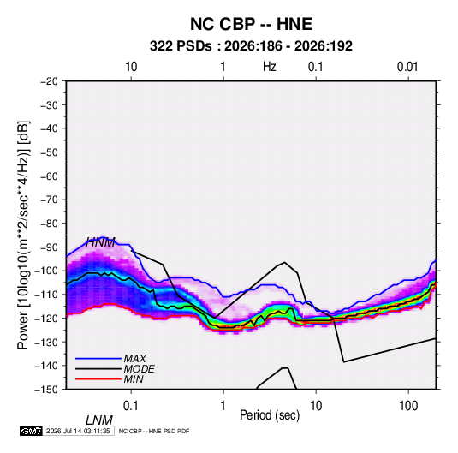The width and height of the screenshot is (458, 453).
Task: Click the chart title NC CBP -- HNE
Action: pos(251,24)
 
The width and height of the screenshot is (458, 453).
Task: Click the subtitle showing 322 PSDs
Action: pos(251,46)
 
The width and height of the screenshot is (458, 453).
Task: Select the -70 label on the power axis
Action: pos(49,200)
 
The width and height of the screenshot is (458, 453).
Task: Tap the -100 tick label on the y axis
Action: pos(46,271)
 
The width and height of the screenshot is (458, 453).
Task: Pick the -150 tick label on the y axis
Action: pos(46,390)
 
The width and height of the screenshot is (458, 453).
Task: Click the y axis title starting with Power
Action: pos(23,235)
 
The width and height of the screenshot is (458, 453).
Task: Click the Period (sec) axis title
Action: pos(270,415)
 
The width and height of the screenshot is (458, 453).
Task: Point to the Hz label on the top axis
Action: pos(270,67)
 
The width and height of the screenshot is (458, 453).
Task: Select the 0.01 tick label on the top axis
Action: pos(407,67)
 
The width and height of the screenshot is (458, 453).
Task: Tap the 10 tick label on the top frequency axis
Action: pos(131,67)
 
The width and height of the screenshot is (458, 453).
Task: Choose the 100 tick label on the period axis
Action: pos(408,406)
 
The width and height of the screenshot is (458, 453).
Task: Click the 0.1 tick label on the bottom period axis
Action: pos(131,406)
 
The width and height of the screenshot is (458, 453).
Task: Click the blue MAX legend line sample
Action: pos(98,359)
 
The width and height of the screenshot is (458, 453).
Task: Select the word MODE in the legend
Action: pos(139,369)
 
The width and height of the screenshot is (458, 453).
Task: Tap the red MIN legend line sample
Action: pos(98,379)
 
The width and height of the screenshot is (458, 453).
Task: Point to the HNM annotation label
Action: pos(100,242)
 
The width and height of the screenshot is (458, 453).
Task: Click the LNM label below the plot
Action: pos(99,420)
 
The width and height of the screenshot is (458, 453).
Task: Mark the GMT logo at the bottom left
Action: pos(32,431)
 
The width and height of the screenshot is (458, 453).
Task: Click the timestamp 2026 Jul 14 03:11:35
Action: pos(78,431)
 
